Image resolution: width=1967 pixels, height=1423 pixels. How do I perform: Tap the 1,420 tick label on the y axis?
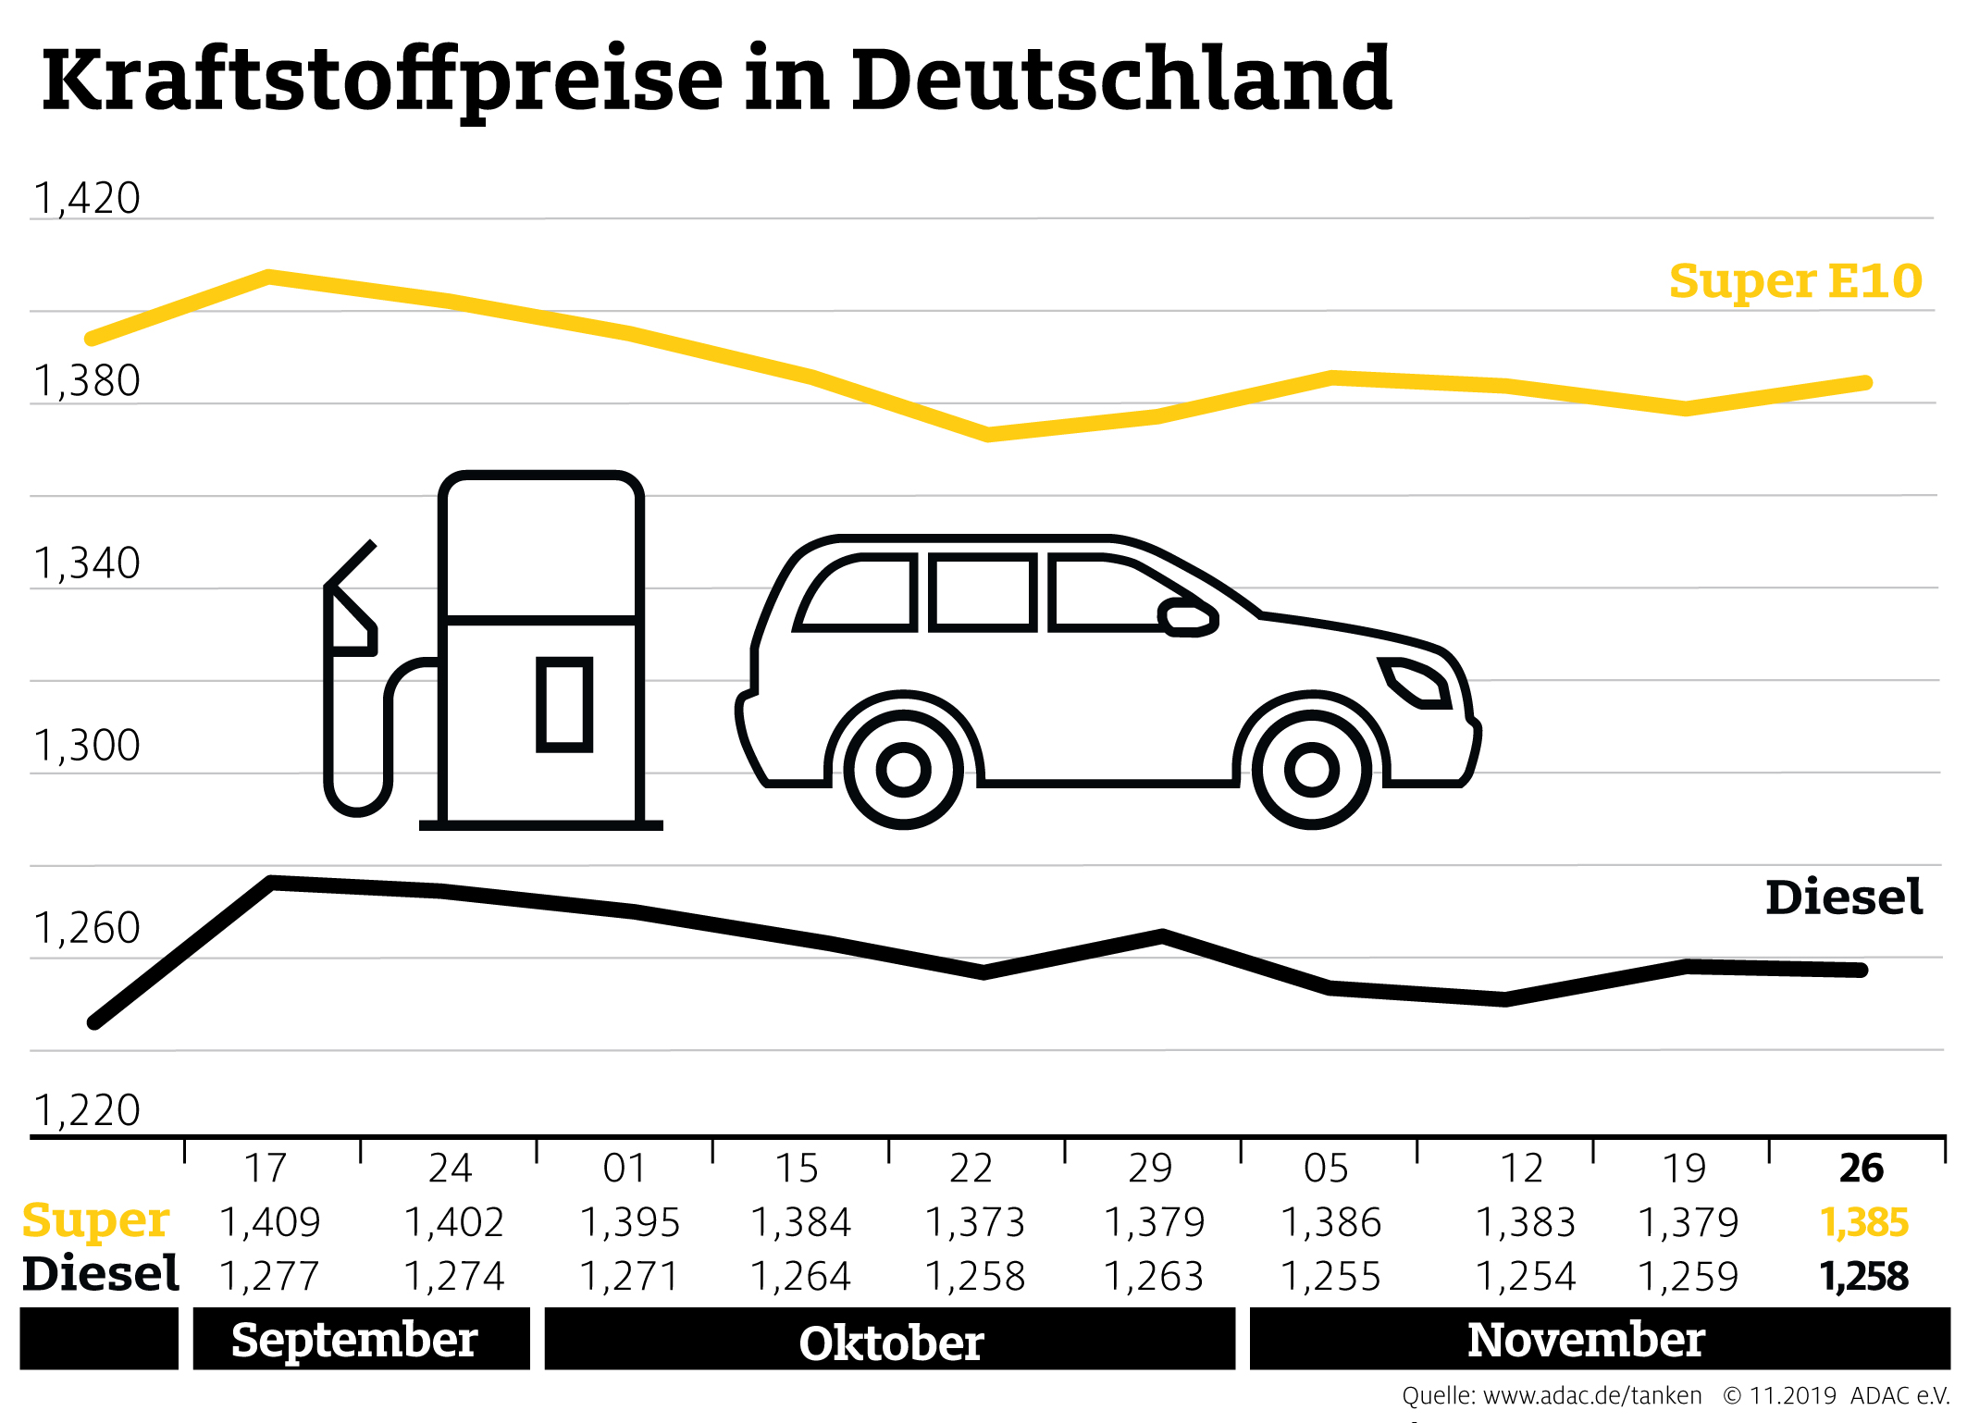click(x=87, y=199)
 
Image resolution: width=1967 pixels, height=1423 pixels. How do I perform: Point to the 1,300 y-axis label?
click(x=87, y=746)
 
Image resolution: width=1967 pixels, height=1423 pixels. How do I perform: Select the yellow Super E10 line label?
click(x=1795, y=281)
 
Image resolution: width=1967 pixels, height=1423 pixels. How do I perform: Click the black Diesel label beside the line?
click(x=1843, y=897)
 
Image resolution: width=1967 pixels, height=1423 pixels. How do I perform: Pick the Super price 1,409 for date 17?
click(x=269, y=1223)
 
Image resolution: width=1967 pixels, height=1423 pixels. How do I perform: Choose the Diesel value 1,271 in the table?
click(x=629, y=1277)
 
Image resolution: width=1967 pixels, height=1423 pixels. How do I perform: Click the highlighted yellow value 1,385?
click(x=1863, y=1223)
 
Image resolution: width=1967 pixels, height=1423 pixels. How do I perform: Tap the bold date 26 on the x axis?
click(x=1861, y=1169)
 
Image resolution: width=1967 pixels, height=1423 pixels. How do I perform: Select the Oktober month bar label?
click(x=890, y=1343)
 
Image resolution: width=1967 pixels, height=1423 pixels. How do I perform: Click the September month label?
click(x=354, y=1340)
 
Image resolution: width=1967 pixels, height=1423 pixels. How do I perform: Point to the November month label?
click(x=1586, y=1340)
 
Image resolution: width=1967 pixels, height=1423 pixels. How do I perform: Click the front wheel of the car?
click(x=1311, y=769)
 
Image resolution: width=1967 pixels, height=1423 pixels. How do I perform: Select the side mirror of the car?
click(x=1188, y=617)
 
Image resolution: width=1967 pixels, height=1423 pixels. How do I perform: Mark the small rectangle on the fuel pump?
click(x=564, y=705)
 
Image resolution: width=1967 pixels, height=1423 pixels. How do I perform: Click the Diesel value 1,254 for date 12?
click(x=1525, y=1277)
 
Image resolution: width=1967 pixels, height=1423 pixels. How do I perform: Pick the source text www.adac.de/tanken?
click(x=1591, y=1395)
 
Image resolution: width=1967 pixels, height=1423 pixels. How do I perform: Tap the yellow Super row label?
click(x=96, y=1220)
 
